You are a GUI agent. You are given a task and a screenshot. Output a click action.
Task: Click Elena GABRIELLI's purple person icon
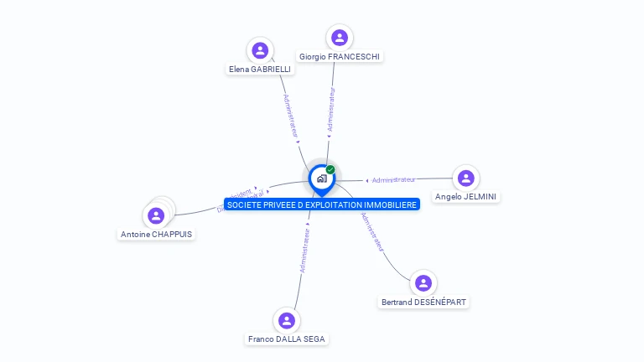(x=260, y=50)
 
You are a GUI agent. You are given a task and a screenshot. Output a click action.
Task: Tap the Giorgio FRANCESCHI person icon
(x=340, y=38)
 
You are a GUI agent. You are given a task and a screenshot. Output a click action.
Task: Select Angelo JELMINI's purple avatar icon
(x=466, y=178)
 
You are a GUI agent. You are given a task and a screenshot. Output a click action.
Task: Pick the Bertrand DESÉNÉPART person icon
(x=423, y=283)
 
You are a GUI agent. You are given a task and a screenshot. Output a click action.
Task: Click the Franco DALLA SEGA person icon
(x=287, y=320)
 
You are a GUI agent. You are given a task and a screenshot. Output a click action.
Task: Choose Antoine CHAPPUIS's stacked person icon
(x=156, y=215)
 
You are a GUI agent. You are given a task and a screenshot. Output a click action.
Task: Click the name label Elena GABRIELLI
(x=260, y=70)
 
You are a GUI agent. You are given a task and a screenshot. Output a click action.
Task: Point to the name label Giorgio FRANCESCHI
(x=340, y=57)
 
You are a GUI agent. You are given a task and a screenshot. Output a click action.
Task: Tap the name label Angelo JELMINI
(x=466, y=197)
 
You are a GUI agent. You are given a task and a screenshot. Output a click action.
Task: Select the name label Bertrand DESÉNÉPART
(x=424, y=303)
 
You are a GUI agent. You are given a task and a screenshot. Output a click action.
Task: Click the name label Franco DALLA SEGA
(x=287, y=339)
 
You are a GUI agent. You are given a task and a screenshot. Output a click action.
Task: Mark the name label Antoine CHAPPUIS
(x=156, y=235)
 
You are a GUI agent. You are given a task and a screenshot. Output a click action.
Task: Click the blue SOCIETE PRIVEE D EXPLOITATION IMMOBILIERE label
(x=322, y=204)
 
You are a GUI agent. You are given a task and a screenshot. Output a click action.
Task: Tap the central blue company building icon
(x=321, y=178)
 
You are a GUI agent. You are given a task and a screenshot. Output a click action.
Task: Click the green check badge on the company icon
(x=330, y=169)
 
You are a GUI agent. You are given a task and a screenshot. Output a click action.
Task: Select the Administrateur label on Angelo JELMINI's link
(x=394, y=179)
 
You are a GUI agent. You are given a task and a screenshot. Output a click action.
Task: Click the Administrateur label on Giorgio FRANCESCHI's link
(x=332, y=109)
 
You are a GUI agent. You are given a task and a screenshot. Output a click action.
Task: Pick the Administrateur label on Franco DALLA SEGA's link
(x=305, y=251)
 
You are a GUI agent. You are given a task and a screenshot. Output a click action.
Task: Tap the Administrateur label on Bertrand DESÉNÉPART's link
(x=372, y=231)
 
